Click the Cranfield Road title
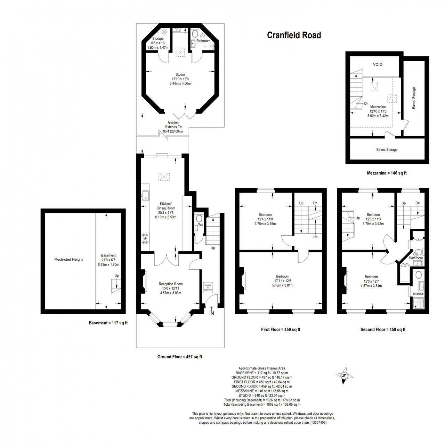[x=294, y=35]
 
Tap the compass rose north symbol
[x=345, y=375]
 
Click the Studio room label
[x=180, y=74]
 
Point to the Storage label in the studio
[x=158, y=39]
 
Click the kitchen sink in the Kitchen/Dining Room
[x=145, y=195]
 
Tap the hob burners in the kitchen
[x=145, y=238]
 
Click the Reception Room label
[x=171, y=284]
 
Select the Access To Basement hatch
[x=208, y=287]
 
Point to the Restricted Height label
[x=68, y=259]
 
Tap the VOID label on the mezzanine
[x=378, y=65]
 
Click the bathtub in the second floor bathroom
[x=405, y=273]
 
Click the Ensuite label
[x=418, y=293]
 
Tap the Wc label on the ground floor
[x=201, y=224]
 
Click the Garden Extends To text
[x=173, y=124]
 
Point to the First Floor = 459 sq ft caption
[x=281, y=330]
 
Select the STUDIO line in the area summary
[x=262, y=395]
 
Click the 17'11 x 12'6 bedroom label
[x=283, y=281]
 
